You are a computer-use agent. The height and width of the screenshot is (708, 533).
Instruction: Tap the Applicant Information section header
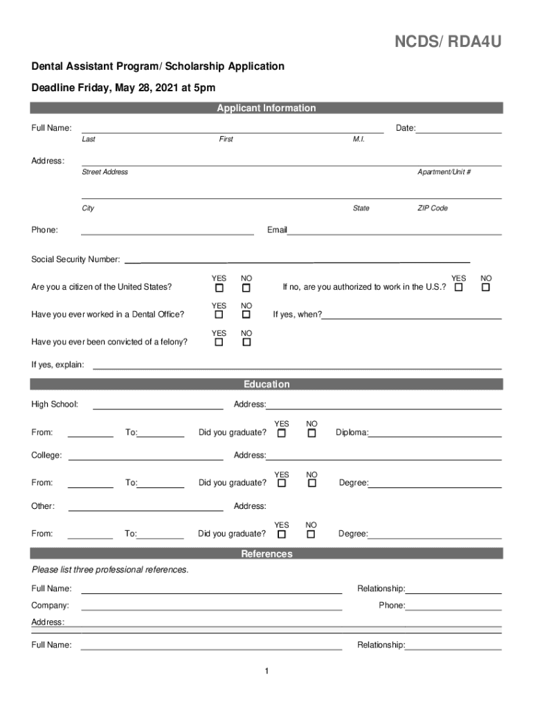click(266, 108)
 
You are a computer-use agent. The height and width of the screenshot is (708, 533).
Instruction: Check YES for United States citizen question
click(219, 287)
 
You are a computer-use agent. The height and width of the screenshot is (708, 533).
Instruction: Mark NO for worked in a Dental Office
click(246, 315)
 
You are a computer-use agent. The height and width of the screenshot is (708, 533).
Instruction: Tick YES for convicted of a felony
click(219, 342)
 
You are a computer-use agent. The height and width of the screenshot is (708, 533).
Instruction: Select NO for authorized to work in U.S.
click(485, 287)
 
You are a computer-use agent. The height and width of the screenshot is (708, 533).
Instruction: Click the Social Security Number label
click(75, 260)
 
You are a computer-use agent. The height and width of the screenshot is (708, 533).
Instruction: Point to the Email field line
click(394, 234)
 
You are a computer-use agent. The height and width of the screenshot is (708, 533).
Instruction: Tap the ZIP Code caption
click(432, 208)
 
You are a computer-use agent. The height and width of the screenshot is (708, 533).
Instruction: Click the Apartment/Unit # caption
click(444, 172)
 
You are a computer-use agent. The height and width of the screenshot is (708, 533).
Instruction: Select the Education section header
click(266, 384)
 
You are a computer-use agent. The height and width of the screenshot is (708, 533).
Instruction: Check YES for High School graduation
click(282, 434)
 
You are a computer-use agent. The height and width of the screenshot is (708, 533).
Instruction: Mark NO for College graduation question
click(311, 483)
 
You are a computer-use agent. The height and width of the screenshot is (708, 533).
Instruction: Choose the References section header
click(266, 554)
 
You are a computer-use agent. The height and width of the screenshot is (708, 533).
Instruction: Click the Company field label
click(50, 606)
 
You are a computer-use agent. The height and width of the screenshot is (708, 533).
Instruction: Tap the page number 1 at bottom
click(266, 672)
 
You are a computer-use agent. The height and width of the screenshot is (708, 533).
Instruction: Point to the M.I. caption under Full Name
click(358, 140)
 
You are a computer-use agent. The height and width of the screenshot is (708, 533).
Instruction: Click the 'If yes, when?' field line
click(412, 317)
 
